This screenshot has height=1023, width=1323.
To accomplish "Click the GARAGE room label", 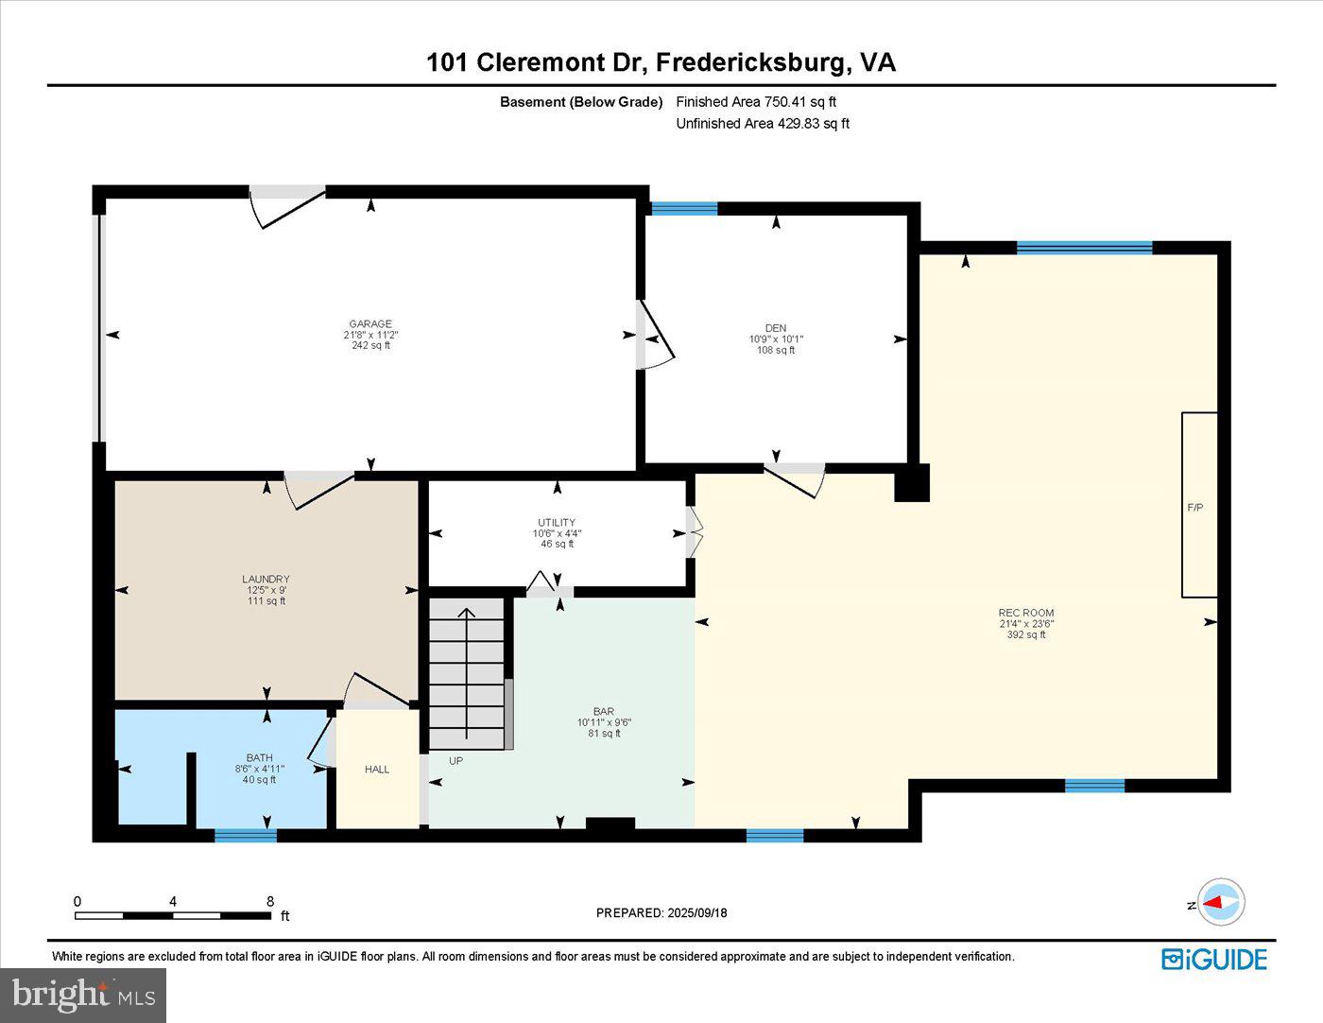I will point(369,324).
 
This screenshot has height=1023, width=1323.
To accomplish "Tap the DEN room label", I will point(775,328).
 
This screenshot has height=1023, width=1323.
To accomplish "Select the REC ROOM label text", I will point(1025,613).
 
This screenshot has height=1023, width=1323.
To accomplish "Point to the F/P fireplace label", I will point(1194,508).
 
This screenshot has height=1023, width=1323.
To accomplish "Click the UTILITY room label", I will point(557,523).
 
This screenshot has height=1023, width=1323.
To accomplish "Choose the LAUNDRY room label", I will point(266,580).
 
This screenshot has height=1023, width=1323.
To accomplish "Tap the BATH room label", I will point(259,757).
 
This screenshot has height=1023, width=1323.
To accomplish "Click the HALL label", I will point(377,770).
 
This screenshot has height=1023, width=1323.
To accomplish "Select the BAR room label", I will point(604,712).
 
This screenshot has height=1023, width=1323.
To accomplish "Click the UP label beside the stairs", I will point(455,760).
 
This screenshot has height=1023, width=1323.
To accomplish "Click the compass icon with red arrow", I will point(1221,902).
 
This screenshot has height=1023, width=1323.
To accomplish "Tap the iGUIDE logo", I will point(1213,959).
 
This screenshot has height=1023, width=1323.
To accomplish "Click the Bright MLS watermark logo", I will point(83,995).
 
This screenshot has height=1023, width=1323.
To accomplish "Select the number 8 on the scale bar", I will point(270,901).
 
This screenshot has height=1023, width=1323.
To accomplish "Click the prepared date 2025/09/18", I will point(696,913).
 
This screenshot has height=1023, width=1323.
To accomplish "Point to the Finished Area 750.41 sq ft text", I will point(756,102).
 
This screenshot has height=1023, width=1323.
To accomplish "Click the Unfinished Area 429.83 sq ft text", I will point(762,124).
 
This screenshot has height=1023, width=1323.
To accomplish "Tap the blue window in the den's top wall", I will point(684,209).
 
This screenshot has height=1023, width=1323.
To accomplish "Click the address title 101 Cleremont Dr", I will point(535,62).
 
